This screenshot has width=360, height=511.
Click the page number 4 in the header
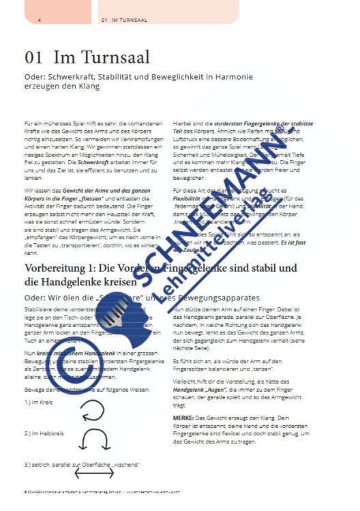click(x=40, y=20)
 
